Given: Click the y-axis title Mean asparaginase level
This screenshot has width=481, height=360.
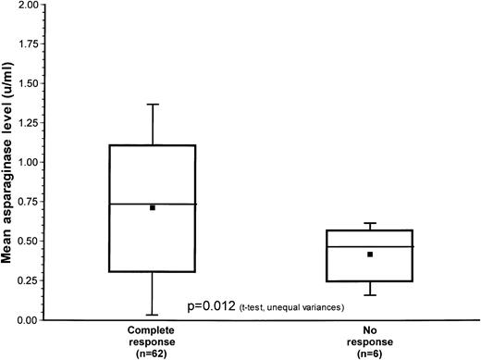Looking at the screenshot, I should point(8,162).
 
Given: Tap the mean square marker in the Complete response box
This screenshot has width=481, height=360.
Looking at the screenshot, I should point(153,207).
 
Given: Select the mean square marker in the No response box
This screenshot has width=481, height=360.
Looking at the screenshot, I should point(370,254).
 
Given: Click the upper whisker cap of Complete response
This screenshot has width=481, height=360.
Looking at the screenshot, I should point(153,105).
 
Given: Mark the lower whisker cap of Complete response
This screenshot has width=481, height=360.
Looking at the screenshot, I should point(153,315).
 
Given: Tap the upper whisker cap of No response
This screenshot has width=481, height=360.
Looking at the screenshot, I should point(370,224).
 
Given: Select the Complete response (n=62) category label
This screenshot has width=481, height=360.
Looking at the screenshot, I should point(154,340).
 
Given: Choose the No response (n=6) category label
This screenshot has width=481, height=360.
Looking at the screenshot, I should point(370,340).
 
